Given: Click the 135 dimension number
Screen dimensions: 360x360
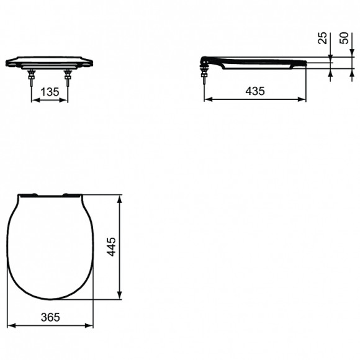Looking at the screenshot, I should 49,92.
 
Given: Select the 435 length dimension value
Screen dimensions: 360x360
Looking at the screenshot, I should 254,91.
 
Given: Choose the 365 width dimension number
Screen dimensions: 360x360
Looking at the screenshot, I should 50,317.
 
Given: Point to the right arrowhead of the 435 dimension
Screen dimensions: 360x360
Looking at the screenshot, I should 304,99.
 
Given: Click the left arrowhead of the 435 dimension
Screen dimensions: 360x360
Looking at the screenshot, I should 207,99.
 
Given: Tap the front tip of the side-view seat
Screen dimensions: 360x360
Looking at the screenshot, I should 305,62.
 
